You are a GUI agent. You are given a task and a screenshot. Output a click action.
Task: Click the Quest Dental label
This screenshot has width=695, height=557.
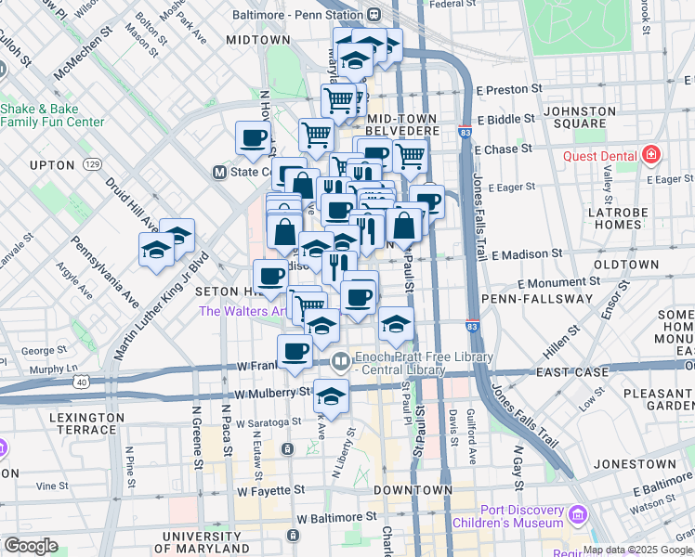pos(599,155)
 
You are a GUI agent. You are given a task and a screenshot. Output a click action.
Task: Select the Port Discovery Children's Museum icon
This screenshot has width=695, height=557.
pos(578,514)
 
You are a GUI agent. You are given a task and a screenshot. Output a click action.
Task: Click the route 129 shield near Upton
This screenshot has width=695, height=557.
pos(92,164)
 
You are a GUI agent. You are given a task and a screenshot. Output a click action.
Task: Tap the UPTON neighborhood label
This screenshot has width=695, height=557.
pos(52,165)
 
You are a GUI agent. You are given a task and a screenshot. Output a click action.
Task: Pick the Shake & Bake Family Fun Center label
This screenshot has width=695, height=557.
pos(52,114)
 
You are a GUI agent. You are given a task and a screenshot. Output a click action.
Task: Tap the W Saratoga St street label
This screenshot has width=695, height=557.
pos(269,421)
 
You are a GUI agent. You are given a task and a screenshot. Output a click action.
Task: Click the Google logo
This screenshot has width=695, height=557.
pos(31,546)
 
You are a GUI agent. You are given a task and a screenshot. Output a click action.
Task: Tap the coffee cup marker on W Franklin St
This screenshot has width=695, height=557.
pos(295,351)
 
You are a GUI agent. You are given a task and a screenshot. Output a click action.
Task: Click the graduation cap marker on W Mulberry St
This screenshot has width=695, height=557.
pos(331,396)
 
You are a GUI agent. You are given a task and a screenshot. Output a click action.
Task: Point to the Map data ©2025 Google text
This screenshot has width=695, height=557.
pos(637,550)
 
